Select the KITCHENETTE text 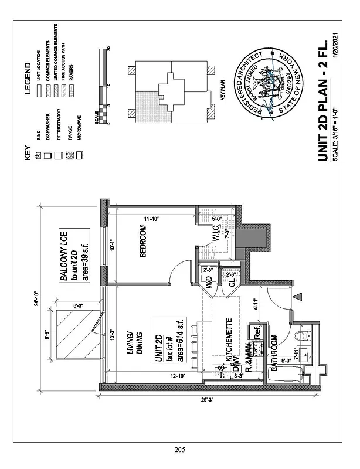229,339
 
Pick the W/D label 208,284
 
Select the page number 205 180,450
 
